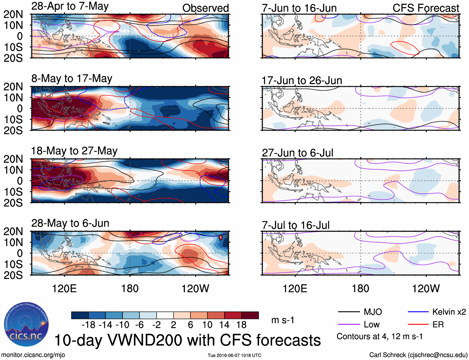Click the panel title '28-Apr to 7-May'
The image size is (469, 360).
(x=70, y=6)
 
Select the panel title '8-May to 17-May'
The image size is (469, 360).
(x=72, y=79)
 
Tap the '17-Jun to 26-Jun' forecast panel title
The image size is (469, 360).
(x=302, y=81)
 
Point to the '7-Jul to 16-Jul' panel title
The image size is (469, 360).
(x=295, y=225)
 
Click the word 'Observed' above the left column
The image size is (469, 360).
(x=205, y=8)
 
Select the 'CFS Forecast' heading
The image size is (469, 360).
(x=426, y=8)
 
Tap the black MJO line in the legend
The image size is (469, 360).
(x=348, y=312)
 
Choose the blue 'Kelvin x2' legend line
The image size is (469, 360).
(x=418, y=312)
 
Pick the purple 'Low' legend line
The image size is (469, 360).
(x=348, y=325)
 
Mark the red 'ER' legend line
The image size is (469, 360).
(x=418, y=325)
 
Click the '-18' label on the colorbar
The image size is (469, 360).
(x=89, y=325)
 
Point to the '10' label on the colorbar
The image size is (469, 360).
(x=207, y=325)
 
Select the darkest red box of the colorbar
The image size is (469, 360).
(x=250, y=315)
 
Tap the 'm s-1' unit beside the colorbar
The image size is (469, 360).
(x=283, y=320)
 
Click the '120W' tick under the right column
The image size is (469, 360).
(x=426, y=288)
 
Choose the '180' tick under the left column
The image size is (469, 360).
(x=130, y=288)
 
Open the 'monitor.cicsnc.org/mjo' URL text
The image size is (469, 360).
(x=33, y=355)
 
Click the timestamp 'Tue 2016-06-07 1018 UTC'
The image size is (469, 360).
(x=234, y=355)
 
